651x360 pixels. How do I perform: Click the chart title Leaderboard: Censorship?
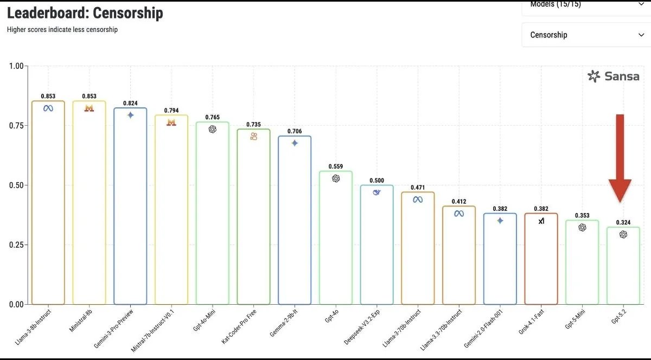[85, 13]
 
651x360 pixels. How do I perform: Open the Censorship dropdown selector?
[586, 35]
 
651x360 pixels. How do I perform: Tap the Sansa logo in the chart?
[614, 76]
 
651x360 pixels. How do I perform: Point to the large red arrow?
[620, 157]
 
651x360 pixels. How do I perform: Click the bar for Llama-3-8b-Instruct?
[48, 206]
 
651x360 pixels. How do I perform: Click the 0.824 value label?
[130, 103]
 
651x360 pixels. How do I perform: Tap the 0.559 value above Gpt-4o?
[336, 166]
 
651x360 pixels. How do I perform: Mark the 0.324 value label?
[623, 222]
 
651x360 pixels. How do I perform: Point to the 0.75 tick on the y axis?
[19, 126]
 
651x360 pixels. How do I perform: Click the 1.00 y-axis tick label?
[19, 66]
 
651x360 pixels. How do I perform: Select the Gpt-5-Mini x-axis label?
[577, 319]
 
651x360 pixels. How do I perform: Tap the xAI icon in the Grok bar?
[541, 221]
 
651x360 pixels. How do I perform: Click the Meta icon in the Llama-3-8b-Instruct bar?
[48, 108]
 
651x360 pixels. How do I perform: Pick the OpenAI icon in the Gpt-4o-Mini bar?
[213, 129]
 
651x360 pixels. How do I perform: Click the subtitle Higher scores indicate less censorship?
[62, 29]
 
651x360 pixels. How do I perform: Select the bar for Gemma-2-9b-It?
[295, 222]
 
